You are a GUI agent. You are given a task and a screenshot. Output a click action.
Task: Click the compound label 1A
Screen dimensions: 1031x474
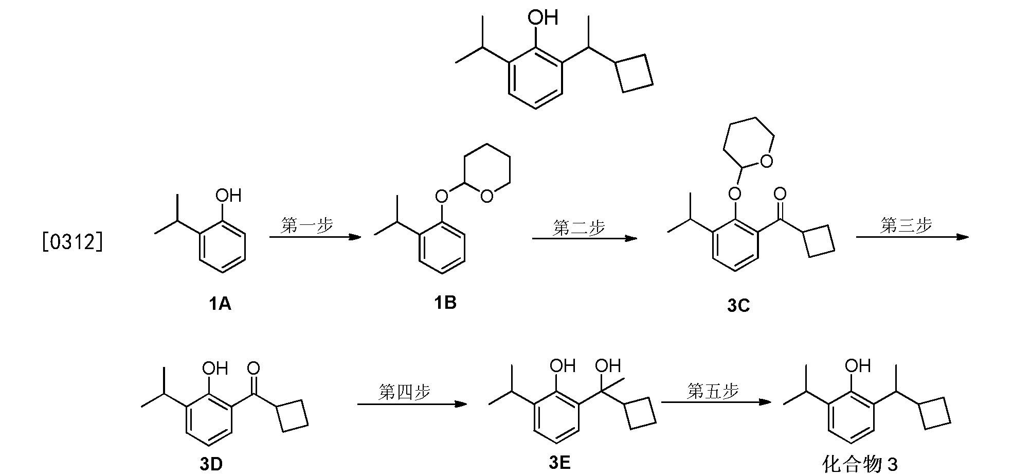tap(220, 305)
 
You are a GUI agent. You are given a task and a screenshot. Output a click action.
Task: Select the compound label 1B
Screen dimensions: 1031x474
tap(445, 303)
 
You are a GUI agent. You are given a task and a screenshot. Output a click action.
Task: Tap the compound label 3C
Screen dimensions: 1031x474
tap(738, 306)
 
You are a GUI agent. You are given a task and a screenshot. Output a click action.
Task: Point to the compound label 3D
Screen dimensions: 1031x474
tap(211, 464)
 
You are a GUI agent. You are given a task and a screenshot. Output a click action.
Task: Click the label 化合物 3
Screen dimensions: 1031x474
tap(860, 465)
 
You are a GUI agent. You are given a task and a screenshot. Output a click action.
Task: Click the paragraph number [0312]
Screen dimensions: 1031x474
tap(73, 242)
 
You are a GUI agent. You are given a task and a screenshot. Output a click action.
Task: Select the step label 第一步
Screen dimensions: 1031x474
tap(307, 225)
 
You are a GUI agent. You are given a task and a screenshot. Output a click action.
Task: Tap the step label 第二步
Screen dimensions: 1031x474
tap(579, 227)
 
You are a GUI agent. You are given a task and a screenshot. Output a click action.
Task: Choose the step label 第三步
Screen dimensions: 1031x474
tap(906, 225)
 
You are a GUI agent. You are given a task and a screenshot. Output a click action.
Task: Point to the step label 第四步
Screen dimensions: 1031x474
tap(404, 392)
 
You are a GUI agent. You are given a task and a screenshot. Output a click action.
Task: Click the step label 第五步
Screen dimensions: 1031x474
tap(713, 391)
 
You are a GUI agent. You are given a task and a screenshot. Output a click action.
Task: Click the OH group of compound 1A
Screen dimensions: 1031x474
tap(228, 196)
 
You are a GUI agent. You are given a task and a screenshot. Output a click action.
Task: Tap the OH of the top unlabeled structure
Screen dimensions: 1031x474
tap(543, 18)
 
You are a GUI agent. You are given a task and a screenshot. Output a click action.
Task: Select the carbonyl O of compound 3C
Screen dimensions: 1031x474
tap(780, 194)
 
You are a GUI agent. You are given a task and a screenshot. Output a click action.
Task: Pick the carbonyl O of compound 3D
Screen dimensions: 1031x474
tap(254, 368)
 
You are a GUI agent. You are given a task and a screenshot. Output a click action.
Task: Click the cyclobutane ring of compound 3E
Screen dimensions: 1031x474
tap(640, 412)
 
